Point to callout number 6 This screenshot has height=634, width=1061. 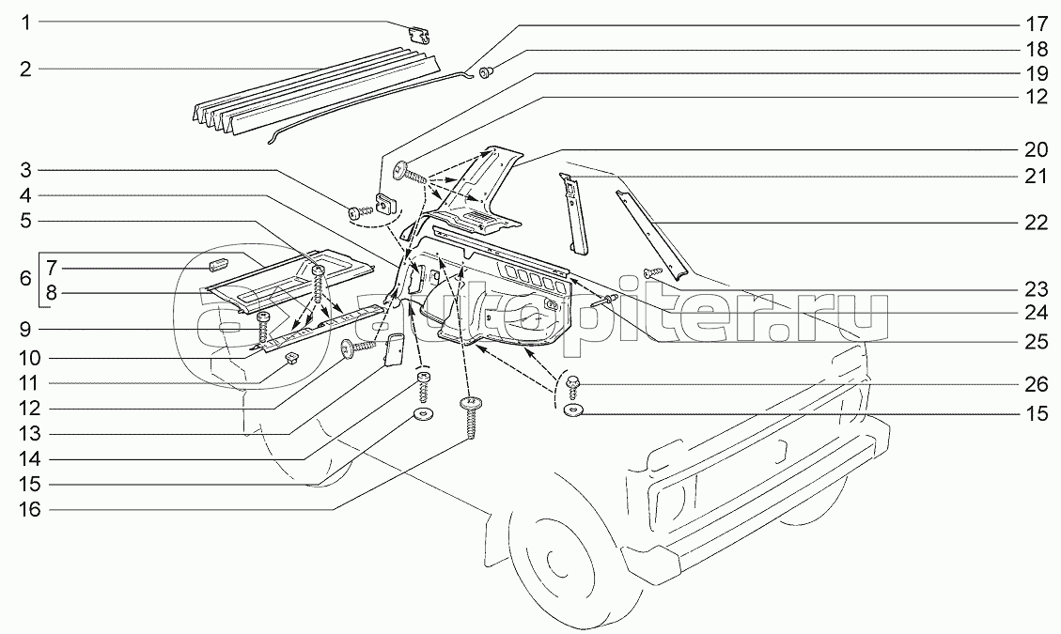point(25,279)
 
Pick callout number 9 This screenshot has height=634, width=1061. point(26,329)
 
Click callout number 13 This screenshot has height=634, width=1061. point(27,434)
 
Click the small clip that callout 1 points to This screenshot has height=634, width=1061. point(420,34)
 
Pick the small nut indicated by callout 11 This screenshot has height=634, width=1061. point(290,356)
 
